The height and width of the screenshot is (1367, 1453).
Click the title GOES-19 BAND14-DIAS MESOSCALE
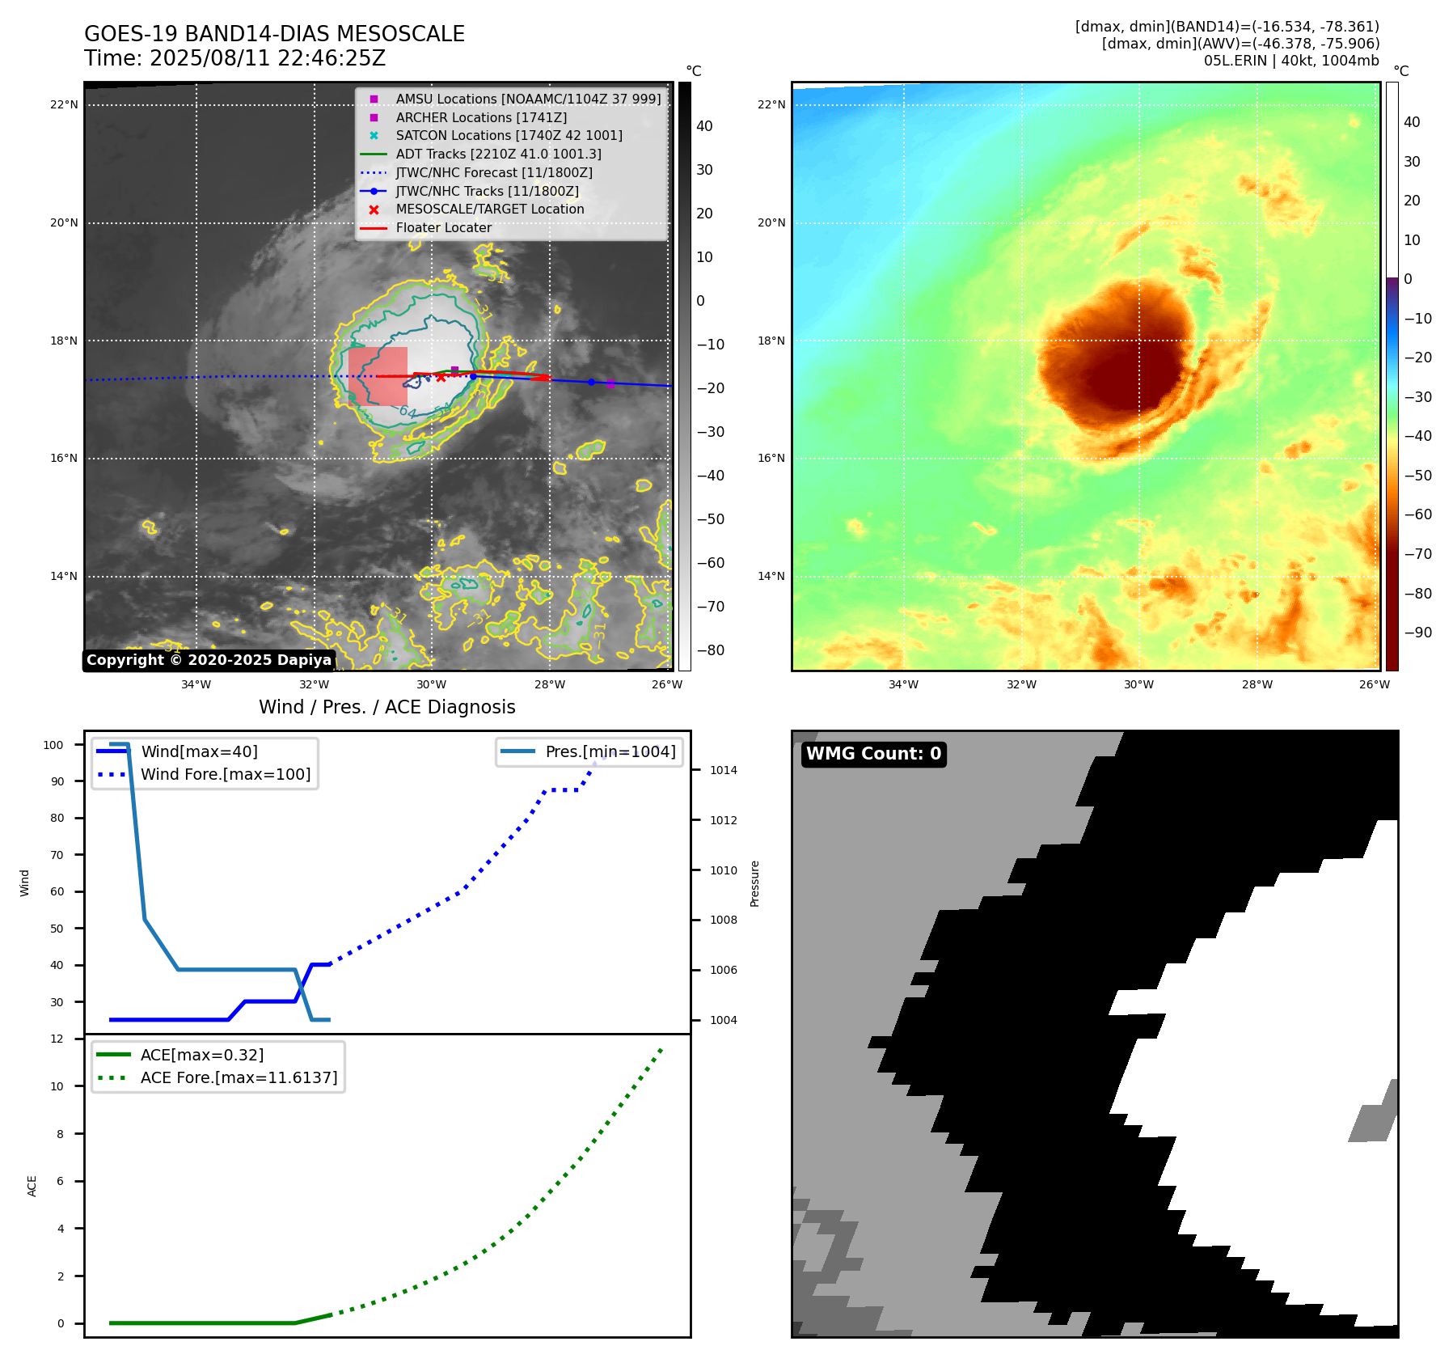(274, 34)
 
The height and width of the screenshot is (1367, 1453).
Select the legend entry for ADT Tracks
(498, 154)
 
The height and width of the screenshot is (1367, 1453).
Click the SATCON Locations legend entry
(509, 135)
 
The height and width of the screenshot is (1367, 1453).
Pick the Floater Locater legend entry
(443, 227)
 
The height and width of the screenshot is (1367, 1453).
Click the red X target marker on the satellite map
(441, 377)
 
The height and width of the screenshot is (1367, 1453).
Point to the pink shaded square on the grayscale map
(378, 376)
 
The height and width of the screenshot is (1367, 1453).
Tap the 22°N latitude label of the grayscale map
(65, 104)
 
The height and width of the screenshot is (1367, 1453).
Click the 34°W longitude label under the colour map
(903, 684)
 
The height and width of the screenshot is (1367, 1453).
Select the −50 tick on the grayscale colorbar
(711, 519)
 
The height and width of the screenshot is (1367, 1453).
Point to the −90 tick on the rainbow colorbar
(1418, 633)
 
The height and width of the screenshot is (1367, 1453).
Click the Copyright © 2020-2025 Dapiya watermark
(209, 660)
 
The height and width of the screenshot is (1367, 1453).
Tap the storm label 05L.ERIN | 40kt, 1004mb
(1291, 61)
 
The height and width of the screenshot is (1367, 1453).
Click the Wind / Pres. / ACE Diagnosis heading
(386, 707)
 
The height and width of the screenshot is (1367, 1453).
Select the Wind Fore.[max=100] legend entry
(225, 774)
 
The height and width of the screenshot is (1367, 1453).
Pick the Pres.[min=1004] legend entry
(610, 751)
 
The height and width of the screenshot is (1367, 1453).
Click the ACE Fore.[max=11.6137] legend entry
(239, 1077)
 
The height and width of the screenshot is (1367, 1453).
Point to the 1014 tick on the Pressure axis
(723, 770)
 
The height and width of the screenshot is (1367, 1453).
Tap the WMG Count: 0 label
(873, 754)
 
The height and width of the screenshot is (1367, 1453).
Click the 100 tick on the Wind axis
(53, 745)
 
